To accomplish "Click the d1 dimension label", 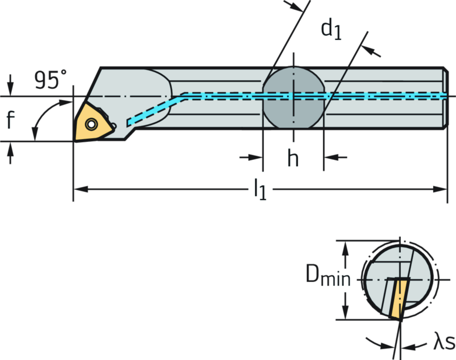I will tap(332, 29).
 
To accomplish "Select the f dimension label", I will tap(10, 119).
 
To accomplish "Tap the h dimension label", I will tap(293, 158).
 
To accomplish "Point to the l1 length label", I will tap(260, 189).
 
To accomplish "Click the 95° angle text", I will tap(50, 81).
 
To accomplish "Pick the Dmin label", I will tap(329, 278).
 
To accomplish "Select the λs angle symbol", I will tap(443, 344).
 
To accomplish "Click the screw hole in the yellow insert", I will tap(92, 124).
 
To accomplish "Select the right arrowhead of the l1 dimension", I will tap(440, 189).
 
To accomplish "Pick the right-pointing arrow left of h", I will tap(254, 157).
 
